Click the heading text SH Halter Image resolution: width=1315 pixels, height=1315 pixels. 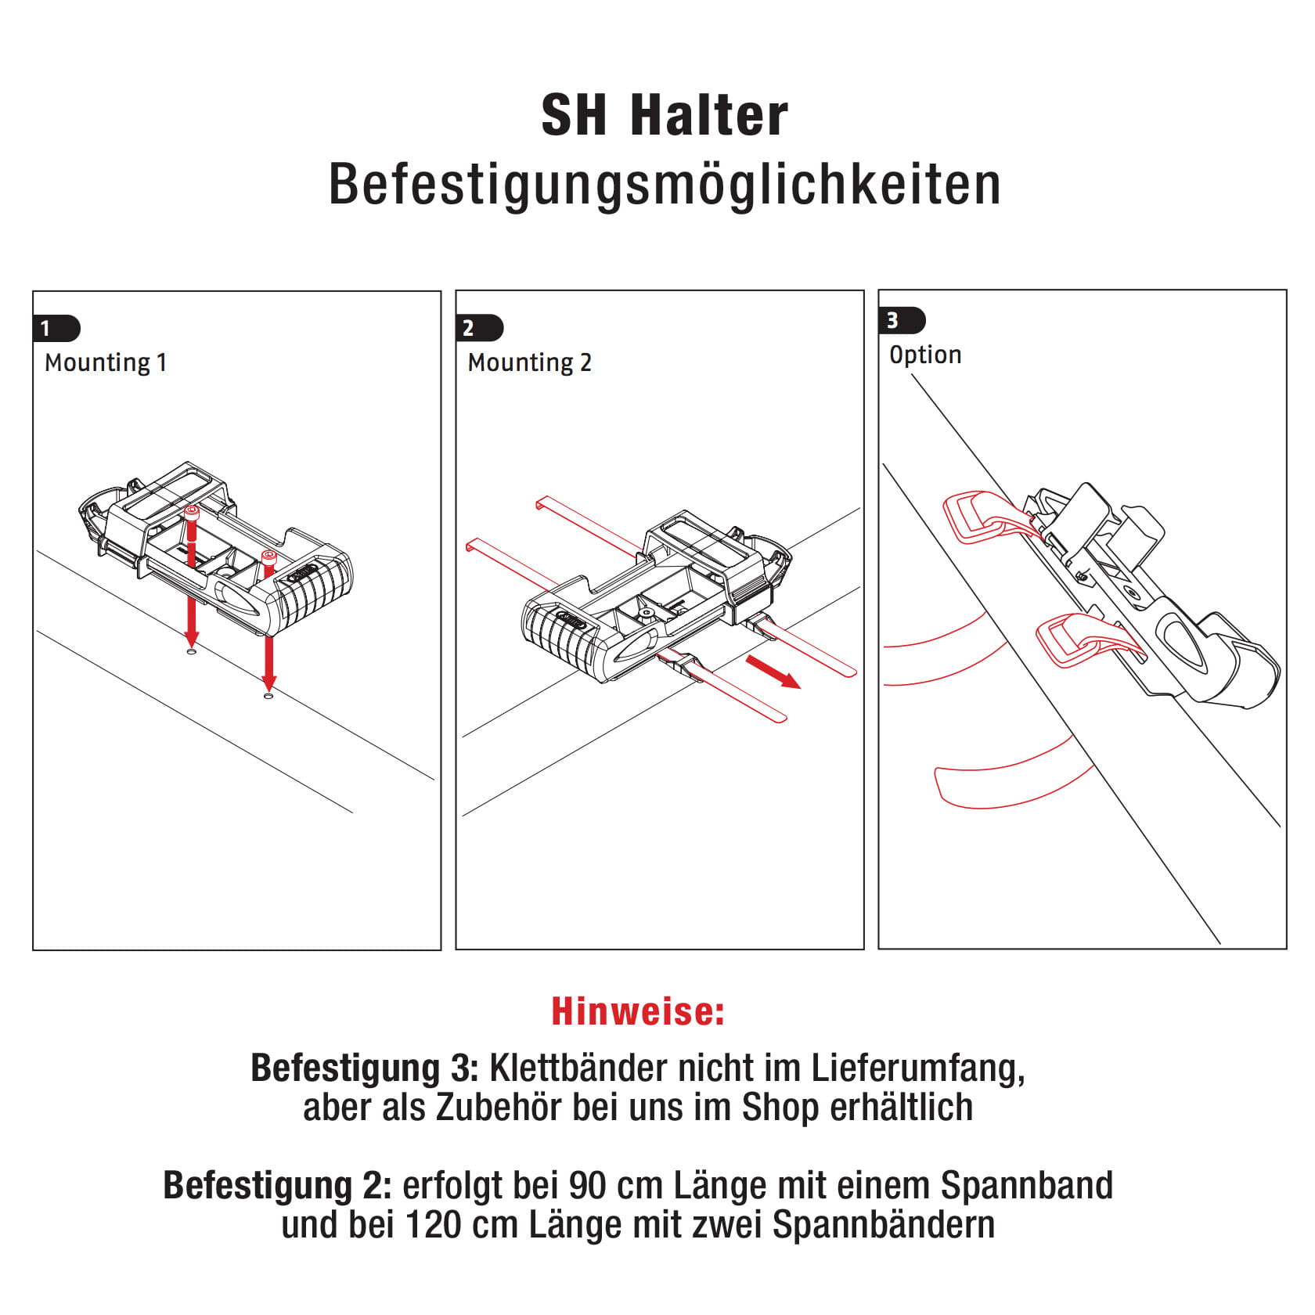[x=664, y=116]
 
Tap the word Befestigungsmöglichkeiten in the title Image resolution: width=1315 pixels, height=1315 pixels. [x=664, y=185]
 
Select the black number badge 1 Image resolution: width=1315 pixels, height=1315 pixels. [x=55, y=328]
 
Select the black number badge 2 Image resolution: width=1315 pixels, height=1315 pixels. [x=477, y=327]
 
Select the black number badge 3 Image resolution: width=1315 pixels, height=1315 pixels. [x=900, y=320]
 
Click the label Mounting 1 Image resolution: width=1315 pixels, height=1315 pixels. [x=106, y=362]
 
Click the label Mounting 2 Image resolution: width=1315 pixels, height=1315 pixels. [x=529, y=362]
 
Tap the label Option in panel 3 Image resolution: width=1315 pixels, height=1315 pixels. [x=925, y=355]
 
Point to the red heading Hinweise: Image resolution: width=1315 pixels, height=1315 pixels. [x=638, y=1011]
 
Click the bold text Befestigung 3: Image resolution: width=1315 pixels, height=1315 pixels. [x=364, y=1068]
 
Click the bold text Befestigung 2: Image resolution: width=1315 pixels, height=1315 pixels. [x=276, y=1185]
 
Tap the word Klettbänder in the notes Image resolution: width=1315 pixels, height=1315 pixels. [x=578, y=1068]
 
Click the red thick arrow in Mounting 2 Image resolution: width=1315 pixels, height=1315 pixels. [x=773, y=672]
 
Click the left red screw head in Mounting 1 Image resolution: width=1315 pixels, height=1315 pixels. [x=192, y=512]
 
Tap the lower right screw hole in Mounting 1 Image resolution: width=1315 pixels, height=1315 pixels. [x=268, y=694]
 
